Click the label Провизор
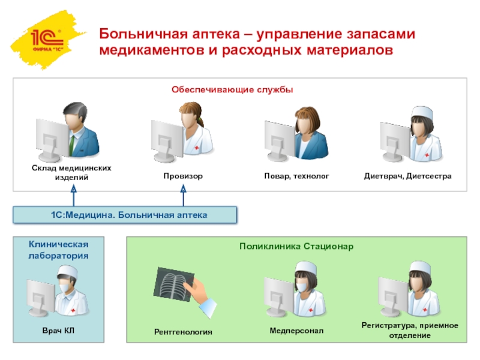[x=183, y=177]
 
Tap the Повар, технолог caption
[x=297, y=177]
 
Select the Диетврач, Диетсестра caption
[x=407, y=177]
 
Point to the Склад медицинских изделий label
[x=72, y=173]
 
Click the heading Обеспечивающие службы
[x=232, y=89]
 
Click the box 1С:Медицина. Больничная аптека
[x=125, y=214]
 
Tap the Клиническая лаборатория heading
[x=59, y=249]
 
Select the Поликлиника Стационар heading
[x=296, y=247]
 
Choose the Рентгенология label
[x=183, y=331]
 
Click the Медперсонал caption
[x=296, y=330]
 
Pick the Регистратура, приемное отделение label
[x=409, y=330]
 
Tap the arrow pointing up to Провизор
[x=184, y=195]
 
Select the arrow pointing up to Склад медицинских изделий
[x=74, y=195]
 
